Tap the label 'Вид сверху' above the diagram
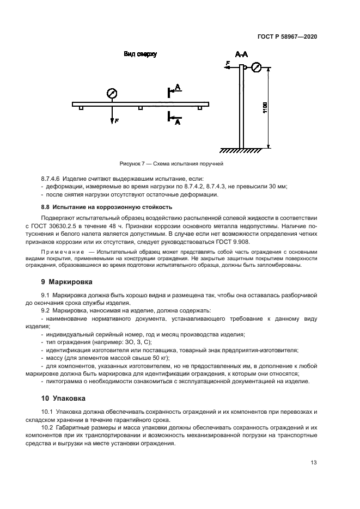(140, 54)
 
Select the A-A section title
(241, 55)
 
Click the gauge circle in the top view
(111, 93)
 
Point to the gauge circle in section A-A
(257, 68)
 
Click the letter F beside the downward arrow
(116, 121)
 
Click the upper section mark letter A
(178, 87)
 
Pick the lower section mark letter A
(177, 123)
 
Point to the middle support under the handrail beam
(140, 108)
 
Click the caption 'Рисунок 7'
(132, 163)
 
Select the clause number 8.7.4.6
(52, 179)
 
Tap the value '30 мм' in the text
(278, 187)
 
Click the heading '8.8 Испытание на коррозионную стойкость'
(107, 207)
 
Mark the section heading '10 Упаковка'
(64, 398)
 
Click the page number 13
(314, 463)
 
